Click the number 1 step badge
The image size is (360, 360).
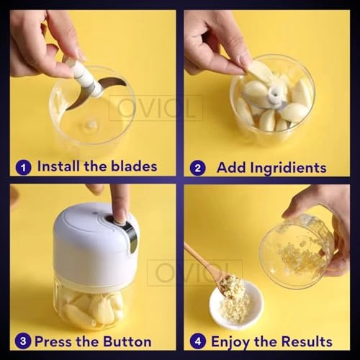pos(24,167)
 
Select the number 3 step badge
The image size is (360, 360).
pos(23,341)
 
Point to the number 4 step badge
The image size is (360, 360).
pos(197,341)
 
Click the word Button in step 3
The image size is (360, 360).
pos(127,341)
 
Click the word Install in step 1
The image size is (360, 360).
pos(60,167)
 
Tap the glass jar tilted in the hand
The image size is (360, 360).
pos(297,248)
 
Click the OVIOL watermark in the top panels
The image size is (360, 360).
pos(156,108)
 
